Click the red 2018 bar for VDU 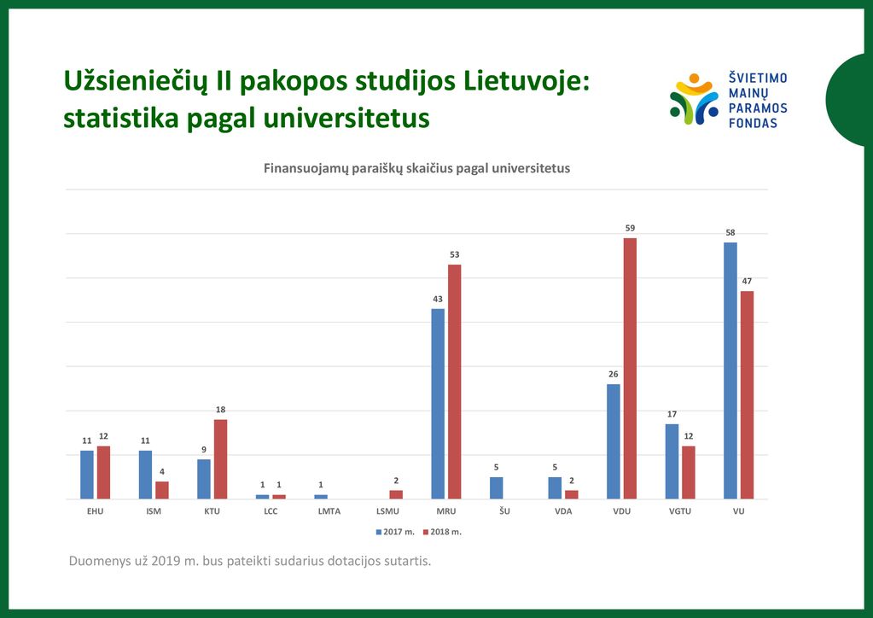pyautogui.click(x=630, y=369)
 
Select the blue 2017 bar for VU pyautogui.click(x=730, y=370)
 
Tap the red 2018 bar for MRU pyautogui.click(x=454, y=382)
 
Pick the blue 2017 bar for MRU pyautogui.click(x=438, y=404)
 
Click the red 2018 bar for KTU pyautogui.click(x=220, y=459)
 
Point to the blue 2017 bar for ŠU pyautogui.click(x=496, y=487)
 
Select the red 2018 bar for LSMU pyautogui.click(x=396, y=494)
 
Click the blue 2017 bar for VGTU pyautogui.click(x=672, y=462)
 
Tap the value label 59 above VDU pyautogui.click(x=630, y=228)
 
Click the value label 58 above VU pyautogui.click(x=730, y=233)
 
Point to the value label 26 pyautogui.click(x=613, y=374)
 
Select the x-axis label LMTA pyautogui.click(x=329, y=511)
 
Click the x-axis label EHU pyautogui.click(x=96, y=511)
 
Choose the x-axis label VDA pyautogui.click(x=563, y=511)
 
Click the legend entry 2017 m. pyautogui.click(x=395, y=532)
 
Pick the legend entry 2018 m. pyautogui.click(x=442, y=532)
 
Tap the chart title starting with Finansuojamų pyautogui.click(x=416, y=168)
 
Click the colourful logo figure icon pyautogui.click(x=694, y=99)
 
